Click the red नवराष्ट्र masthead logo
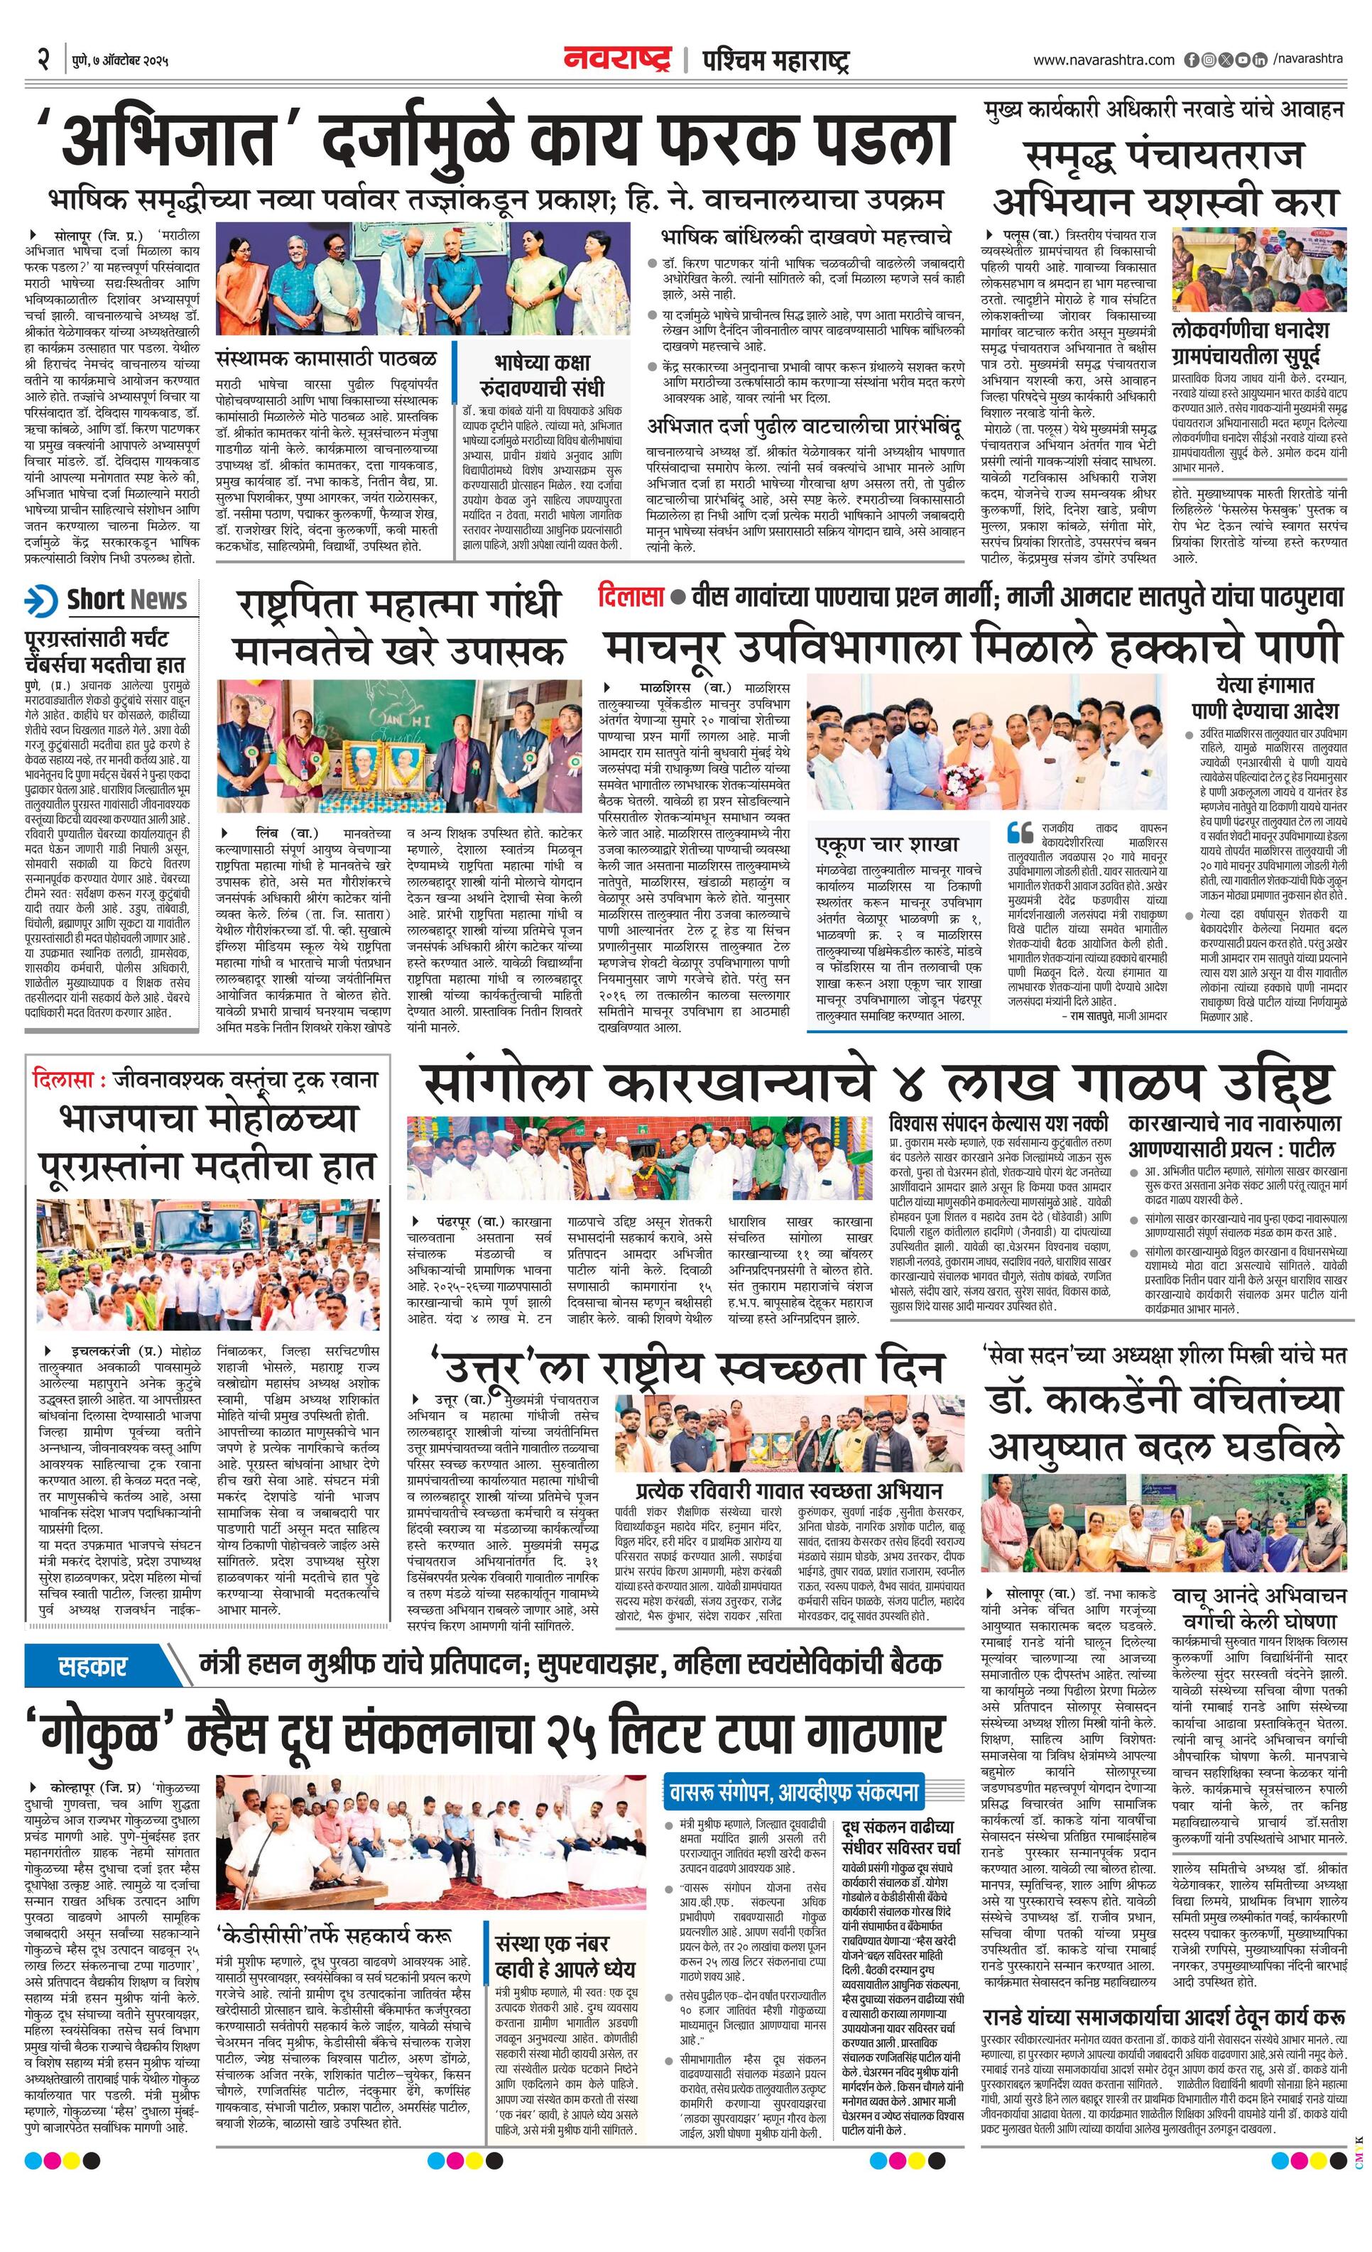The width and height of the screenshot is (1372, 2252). click(617, 60)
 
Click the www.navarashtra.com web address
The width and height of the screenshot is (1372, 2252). click(1104, 60)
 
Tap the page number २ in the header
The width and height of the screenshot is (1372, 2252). click(42, 60)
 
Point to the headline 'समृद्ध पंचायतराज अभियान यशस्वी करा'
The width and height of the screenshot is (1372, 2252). click(1165, 178)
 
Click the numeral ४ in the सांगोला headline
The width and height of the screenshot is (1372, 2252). click(910, 1085)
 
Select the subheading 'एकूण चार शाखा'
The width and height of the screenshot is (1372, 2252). click(887, 843)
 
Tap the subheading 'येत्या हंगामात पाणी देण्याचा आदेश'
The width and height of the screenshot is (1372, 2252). click(1264, 697)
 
